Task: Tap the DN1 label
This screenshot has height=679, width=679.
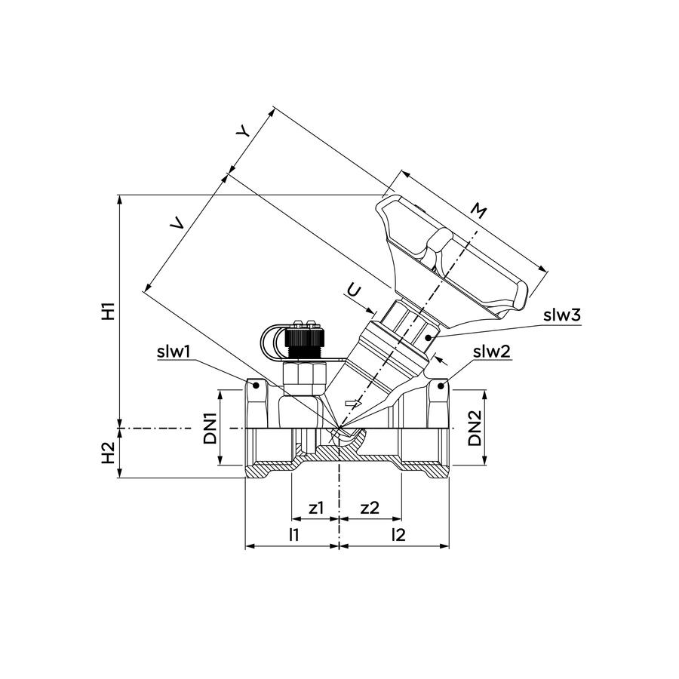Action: click(211, 429)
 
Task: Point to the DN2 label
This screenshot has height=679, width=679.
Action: click(475, 428)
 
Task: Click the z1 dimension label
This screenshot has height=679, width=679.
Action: click(316, 508)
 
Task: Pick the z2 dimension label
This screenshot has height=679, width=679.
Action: click(370, 508)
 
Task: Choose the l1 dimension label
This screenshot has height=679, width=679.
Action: click(294, 535)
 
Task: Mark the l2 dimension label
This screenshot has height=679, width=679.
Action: click(398, 535)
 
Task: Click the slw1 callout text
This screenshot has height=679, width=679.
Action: click(174, 352)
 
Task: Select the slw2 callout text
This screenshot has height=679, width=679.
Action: click(492, 352)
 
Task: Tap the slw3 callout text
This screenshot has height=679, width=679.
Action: click(562, 315)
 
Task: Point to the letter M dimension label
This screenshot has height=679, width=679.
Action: click(479, 211)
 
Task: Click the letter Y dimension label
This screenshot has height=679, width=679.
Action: click(243, 131)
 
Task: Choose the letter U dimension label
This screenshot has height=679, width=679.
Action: click(354, 291)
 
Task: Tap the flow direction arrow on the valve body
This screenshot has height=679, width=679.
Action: click(352, 404)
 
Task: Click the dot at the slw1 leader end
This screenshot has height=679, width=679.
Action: click(256, 385)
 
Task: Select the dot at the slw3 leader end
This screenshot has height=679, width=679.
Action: click(429, 338)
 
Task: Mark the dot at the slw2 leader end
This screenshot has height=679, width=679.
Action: click(441, 386)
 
